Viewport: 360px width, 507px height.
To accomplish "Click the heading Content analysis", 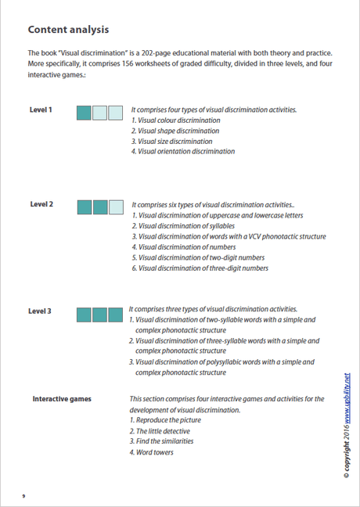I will tap(67, 30).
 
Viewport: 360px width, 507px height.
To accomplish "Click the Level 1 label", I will tap(41, 110).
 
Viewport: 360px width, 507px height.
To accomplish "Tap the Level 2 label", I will tap(41, 204).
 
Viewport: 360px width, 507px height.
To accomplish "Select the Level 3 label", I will tap(40, 311).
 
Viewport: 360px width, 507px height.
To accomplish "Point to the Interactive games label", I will tap(61, 399).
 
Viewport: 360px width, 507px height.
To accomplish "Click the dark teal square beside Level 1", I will tap(84, 113).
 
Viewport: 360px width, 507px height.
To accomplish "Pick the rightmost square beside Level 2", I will tap(116, 207).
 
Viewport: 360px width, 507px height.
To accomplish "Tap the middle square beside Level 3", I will tap(99, 314).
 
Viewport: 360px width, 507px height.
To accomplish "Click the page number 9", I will tap(24, 495).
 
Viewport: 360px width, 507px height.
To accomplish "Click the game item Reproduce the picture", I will tap(167, 420).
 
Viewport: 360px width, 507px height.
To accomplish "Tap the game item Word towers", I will tap(154, 452).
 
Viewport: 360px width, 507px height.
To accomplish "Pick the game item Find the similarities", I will tap(164, 441).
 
